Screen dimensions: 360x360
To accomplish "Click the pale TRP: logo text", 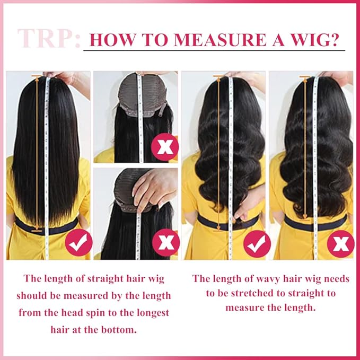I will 49,38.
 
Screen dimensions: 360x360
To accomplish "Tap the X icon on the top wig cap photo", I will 165,146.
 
